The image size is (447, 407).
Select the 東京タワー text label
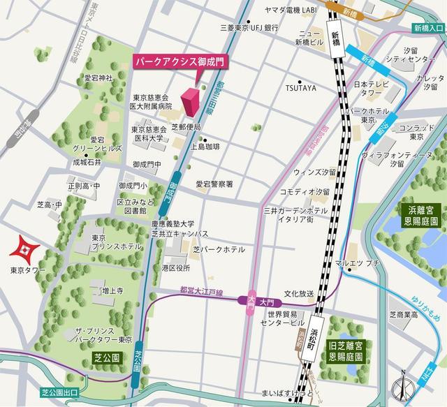tap(28, 269)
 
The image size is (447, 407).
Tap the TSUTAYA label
tap(300, 89)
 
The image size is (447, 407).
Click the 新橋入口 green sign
tap(428, 27)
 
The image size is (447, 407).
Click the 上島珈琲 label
tap(206, 147)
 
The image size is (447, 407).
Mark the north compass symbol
tap(402, 385)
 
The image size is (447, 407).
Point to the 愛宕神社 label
tap(98, 77)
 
